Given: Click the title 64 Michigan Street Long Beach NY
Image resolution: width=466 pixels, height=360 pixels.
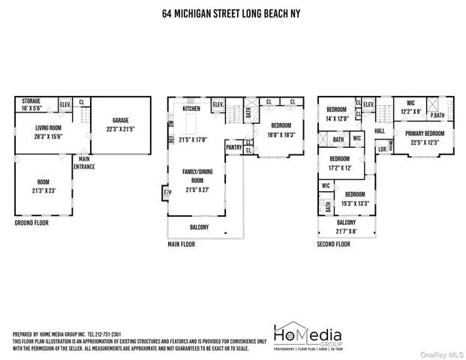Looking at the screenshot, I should (233, 13).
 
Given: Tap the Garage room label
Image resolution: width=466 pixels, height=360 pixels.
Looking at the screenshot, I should (121, 120).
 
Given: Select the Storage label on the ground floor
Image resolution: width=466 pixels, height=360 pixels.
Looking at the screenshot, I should (31, 100).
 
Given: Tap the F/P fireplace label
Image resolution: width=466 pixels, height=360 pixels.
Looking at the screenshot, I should (167, 193).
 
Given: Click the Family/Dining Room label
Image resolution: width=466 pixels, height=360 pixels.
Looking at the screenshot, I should (193, 175).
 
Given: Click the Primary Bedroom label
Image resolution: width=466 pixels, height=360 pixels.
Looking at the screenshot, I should (425, 133).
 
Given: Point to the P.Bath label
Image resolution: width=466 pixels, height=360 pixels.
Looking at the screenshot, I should (437, 115).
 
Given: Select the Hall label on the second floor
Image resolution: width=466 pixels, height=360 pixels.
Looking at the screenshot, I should (380, 130).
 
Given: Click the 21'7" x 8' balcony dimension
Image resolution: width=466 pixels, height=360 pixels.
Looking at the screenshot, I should (346, 231).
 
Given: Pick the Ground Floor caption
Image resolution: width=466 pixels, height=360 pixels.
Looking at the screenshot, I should (33, 223).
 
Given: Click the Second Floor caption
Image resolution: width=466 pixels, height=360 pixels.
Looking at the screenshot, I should (334, 244).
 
